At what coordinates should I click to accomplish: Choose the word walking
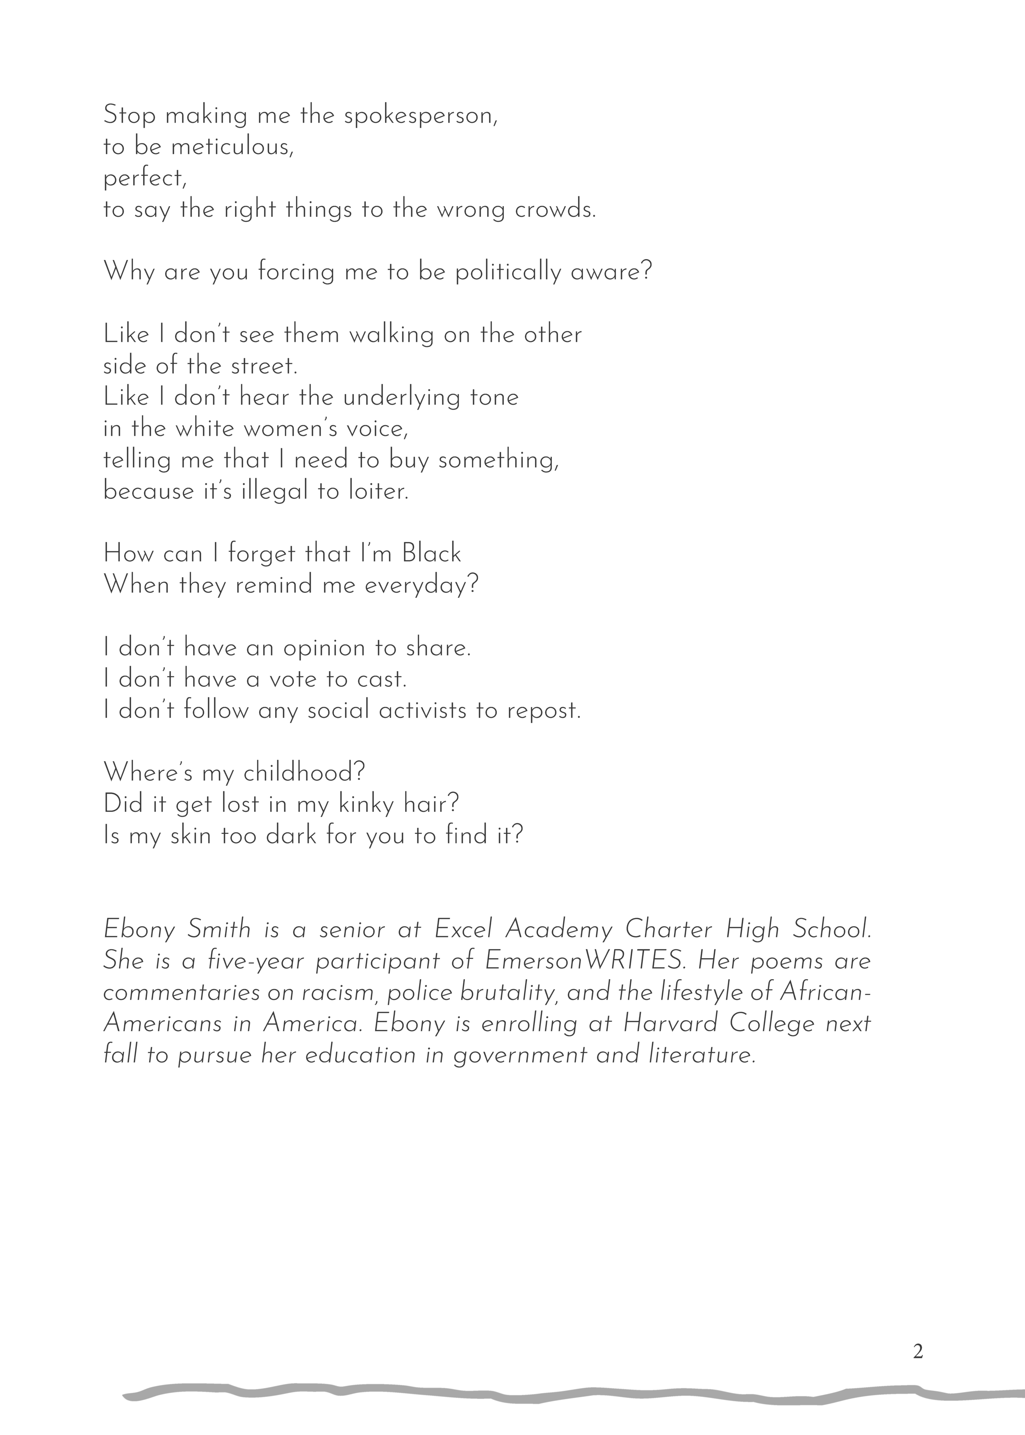coord(391,335)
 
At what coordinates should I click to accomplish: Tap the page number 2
coord(918,1352)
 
